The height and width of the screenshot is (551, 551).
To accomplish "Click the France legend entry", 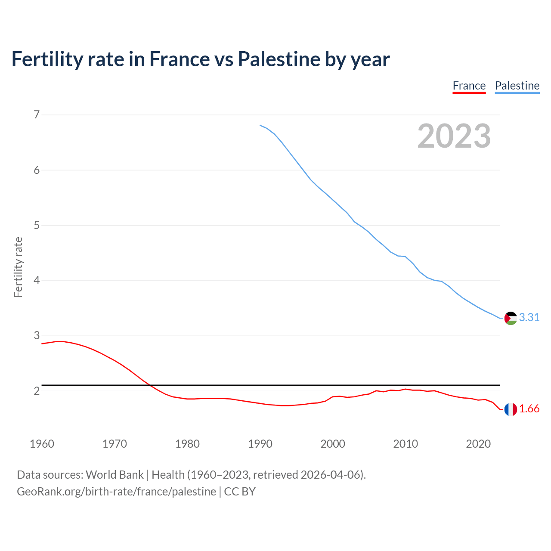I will pos(469,86).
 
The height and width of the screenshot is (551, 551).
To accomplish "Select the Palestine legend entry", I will pos(517,86).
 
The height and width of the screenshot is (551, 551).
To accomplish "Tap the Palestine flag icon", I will pos(511,318).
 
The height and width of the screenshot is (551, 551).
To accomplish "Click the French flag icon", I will pos(511,409).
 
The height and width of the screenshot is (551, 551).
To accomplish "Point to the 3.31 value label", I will pos(529,317).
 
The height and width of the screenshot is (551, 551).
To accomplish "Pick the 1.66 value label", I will pos(529,409).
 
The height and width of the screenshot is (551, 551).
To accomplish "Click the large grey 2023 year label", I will pos(454,136).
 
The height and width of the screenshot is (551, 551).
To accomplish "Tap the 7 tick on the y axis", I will pos(37,115).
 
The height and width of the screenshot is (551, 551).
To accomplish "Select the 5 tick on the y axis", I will pos(37,225).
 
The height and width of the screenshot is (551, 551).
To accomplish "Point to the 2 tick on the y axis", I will pos(37,391).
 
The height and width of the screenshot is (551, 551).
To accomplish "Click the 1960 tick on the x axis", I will pos(42,444).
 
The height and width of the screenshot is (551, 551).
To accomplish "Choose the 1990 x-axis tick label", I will pos(260,444).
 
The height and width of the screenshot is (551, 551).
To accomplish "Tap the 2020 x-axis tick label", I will pos(478,444).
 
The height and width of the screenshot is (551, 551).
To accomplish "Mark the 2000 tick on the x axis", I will pos(333,444).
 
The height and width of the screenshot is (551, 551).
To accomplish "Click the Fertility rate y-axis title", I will pos(18,267).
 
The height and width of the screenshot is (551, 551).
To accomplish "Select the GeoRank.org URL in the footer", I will pos(116,492).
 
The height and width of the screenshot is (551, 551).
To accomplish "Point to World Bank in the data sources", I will pos(115,475).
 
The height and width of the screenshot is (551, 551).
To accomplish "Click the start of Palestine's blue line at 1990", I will pos(260,125).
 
